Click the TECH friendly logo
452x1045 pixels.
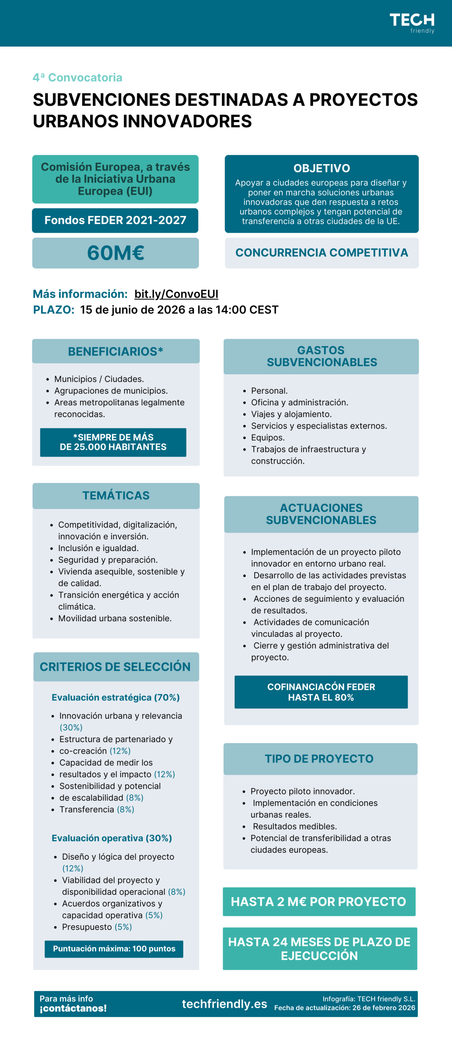click(412, 23)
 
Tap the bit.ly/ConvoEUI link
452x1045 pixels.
click(176, 294)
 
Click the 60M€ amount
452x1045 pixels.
click(116, 253)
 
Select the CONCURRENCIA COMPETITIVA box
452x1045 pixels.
click(322, 253)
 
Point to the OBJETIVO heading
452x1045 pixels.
click(322, 168)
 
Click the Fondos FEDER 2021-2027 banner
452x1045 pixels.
click(115, 220)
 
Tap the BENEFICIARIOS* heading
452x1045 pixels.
click(116, 351)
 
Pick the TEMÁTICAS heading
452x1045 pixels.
click(116, 496)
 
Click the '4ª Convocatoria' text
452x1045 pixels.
click(78, 78)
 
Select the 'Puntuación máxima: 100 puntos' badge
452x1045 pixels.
click(114, 949)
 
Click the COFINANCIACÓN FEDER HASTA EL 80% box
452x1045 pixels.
click(321, 692)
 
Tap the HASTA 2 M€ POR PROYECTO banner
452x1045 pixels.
click(319, 901)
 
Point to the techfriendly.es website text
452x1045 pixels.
click(224, 1004)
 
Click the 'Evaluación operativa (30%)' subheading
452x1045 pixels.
click(112, 838)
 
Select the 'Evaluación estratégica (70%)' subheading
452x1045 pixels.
click(116, 697)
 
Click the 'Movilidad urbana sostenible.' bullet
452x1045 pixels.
click(115, 618)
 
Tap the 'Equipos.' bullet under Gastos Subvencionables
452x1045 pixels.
click(268, 438)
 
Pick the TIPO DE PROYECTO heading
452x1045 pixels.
click(319, 759)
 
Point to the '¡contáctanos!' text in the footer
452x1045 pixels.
click(73, 1008)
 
